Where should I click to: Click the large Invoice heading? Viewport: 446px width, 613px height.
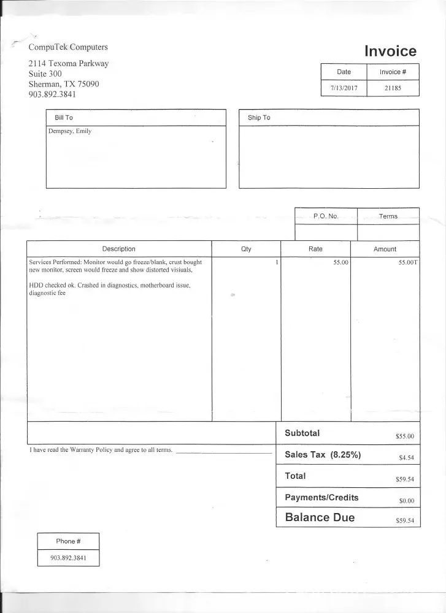[x=390, y=51]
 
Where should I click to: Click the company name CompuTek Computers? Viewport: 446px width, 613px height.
[x=68, y=47]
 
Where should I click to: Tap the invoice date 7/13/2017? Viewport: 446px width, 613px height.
[x=344, y=88]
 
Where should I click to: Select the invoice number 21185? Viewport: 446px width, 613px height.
[x=393, y=88]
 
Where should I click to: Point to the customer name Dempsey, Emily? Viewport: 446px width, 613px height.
[x=69, y=131]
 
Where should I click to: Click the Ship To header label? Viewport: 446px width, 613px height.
[x=259, y=118]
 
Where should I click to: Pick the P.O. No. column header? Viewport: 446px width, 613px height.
[x=326, y=216]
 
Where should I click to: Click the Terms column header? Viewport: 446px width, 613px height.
[x=388, y=216]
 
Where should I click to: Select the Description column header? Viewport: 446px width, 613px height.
[x=118, y=249]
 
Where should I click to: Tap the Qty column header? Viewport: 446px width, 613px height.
[x=246, y=249]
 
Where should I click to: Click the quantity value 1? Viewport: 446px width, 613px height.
[x=277, y=262]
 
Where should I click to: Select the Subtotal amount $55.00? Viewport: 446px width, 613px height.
[x=406, y=437]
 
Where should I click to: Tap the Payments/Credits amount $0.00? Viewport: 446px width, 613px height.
[x=407, y=501]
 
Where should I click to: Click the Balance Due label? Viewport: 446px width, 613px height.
[x=320, y=517]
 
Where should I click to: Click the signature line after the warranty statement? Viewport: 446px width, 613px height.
[x=224, y=452]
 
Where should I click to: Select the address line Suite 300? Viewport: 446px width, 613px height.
[x=45, y=74]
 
